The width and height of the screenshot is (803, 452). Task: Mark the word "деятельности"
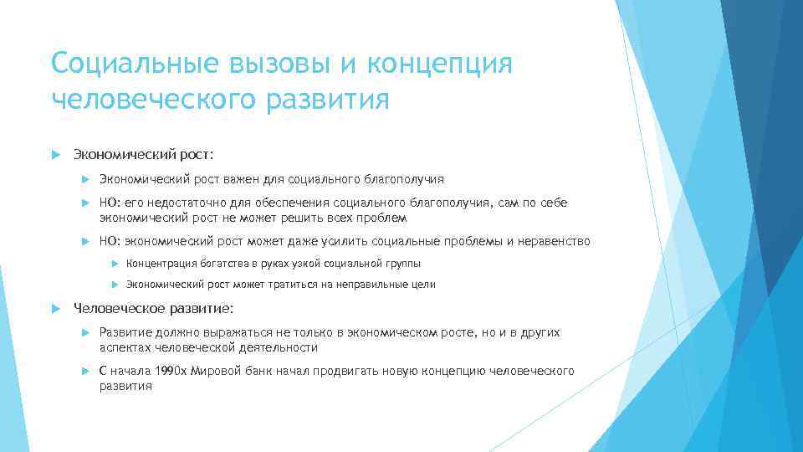282,347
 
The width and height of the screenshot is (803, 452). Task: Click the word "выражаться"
232,333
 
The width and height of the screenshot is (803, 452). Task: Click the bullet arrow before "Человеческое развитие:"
56,307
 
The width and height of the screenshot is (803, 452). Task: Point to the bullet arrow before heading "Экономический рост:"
56,155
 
